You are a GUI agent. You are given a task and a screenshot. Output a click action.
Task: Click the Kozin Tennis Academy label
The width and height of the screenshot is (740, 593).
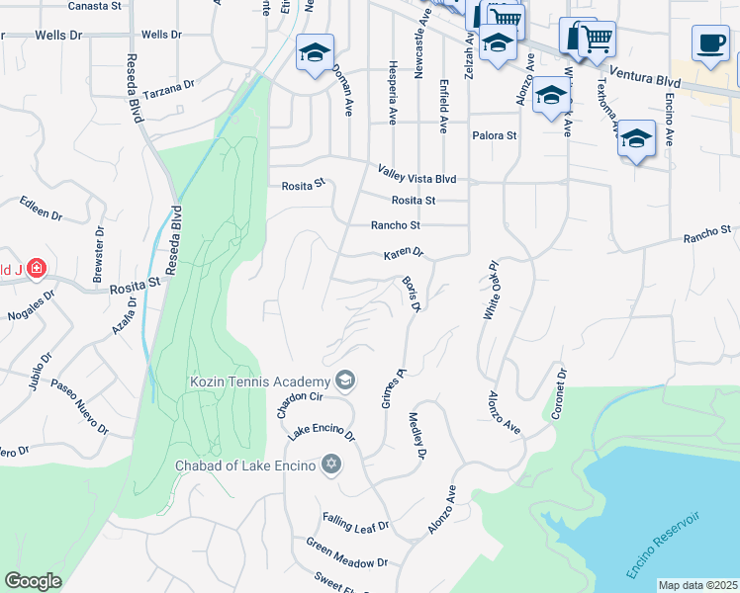(259, 381)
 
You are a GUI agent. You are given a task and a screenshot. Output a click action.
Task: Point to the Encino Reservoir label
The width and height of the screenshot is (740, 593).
(663, 545)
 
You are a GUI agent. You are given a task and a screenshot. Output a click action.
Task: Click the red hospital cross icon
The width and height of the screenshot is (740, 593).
(36, 268)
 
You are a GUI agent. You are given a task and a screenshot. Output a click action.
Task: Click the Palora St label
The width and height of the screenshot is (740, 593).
(494, 135)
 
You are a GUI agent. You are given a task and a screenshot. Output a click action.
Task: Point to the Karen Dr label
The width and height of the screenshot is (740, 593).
(403, 254)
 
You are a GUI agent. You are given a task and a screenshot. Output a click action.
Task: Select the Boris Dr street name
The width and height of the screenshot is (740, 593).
(413, 296)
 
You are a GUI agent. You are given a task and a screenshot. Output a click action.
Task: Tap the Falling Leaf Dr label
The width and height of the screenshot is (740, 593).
(355, 523)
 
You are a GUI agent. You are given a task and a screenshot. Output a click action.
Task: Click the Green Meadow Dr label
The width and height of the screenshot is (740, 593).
(346, 552)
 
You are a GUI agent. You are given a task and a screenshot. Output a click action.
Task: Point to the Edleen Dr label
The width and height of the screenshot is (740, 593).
(42, 209)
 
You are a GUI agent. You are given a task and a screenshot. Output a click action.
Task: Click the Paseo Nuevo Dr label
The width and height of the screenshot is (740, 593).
(78, 405)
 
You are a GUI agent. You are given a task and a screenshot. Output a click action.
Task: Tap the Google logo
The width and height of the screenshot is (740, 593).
(33, 581)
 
